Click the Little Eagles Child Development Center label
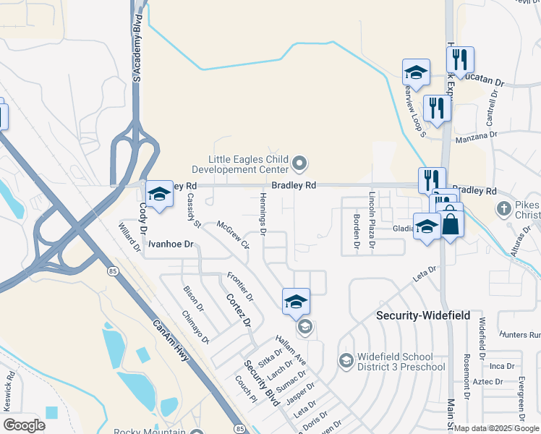(x=249, y=164)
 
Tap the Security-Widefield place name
(x=423, y=316)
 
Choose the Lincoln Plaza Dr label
(x=372, y=210)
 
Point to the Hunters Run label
(x=524, y=335)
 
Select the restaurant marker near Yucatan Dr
(x=460, y=61)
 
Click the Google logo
(x=24, y=425)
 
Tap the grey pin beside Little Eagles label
(x=300, y=164)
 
